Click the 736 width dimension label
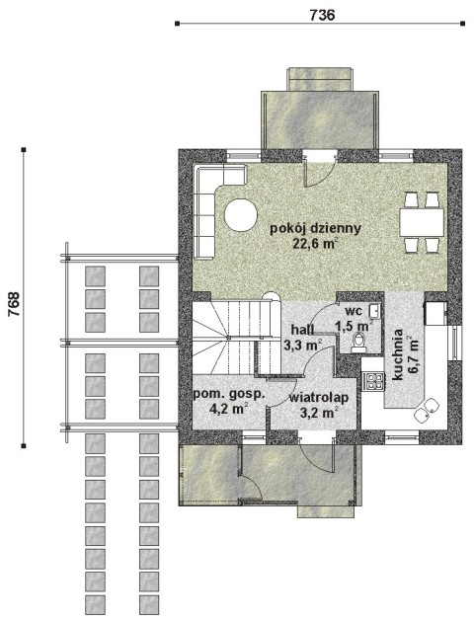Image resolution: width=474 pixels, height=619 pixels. (x=322, y=15)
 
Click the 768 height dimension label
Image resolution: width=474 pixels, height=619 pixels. (x=14, y=304)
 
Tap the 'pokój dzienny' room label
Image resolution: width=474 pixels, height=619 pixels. (x=315, y=229)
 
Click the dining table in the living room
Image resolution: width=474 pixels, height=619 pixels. (x=422, y=222)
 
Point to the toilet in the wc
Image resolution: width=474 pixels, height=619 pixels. (x=359, y=343)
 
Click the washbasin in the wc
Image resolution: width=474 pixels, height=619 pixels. (x=374, y=311)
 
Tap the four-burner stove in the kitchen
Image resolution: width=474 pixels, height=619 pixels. (x=373, y=381)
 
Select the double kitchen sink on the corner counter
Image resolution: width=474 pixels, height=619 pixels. (x=426, y=409)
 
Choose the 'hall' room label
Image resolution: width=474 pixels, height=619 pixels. (x=302, y=329)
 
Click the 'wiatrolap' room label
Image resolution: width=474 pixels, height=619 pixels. (x=319, y=398)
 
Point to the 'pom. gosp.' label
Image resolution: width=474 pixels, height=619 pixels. (x=229, y=395)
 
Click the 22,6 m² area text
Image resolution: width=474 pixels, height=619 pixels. (x=315, y=243)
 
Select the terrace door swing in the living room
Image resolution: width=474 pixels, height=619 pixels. (x=319, y=171)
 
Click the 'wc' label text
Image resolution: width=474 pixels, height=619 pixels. (x=354, y=311)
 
